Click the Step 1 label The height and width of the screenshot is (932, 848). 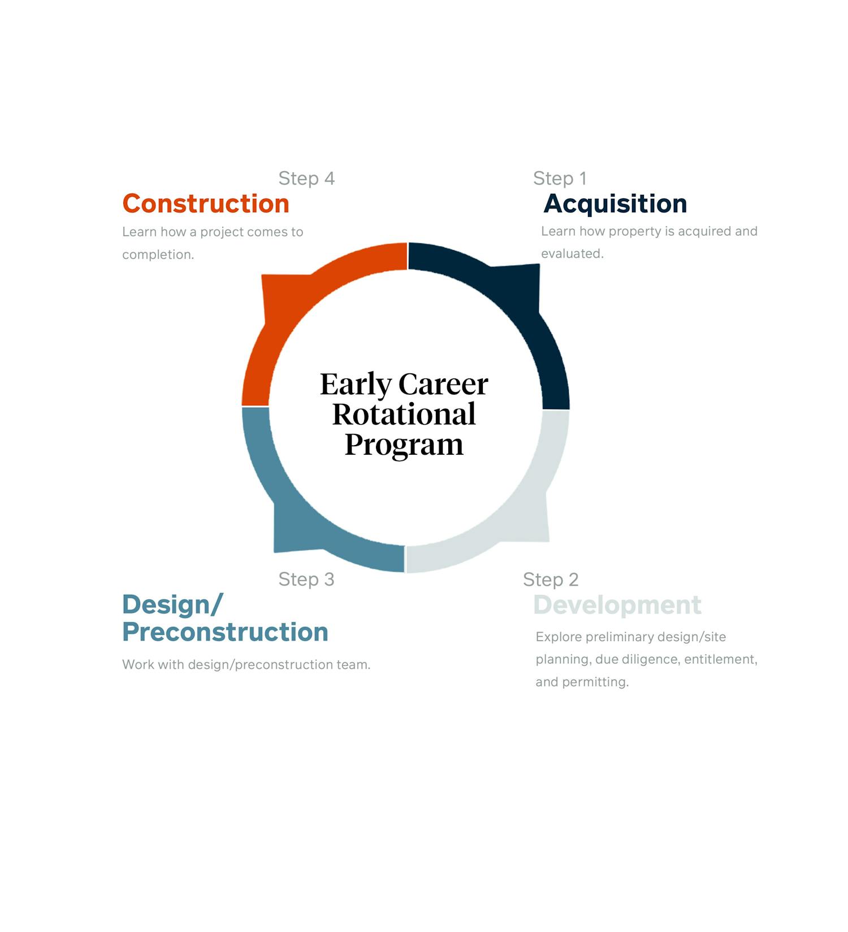pyautogui.click(x=560, y=178)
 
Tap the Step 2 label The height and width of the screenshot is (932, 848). pyautogui.click(x=551, y=580)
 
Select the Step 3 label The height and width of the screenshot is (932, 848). pyautogui.click(x=306, y=579)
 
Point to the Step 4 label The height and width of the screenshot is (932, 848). pyautogui.click(x=306, y=178)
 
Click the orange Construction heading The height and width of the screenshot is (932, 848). pyautogui.click(x=206, y=203)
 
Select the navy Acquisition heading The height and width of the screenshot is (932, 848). pyautogui.click(x=615, y=204)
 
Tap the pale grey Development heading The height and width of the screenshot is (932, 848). pyautogui.click(x=617, y=606)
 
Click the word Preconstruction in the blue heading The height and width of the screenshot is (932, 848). pyautogui.click(x=225, y=632)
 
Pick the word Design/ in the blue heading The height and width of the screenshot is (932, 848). pyautogui.click(x=172, y=605)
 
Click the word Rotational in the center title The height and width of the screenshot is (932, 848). pyautogui.click(x=404, y=414)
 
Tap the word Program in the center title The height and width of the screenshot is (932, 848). pyautogui.click(x=404, y=445)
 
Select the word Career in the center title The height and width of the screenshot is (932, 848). pyautogui.click(x=443, y=384)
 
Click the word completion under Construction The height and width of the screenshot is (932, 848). pyautogui.click(x=158, y=255)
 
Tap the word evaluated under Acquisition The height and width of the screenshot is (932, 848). pyautogui.click(x=572, y=254)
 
